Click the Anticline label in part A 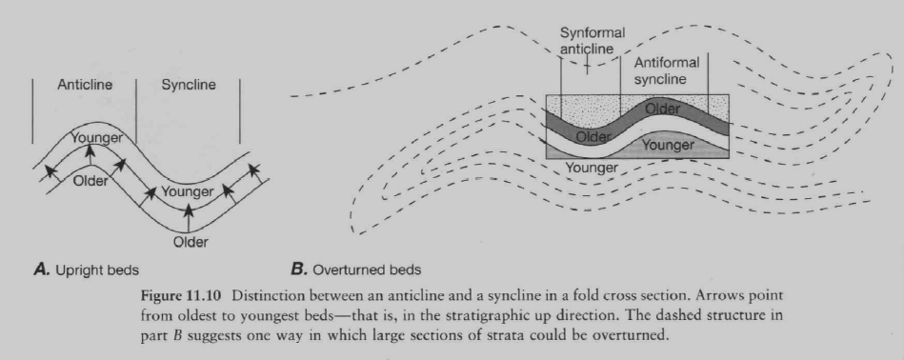85,85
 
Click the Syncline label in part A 189,85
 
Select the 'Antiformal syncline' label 666,70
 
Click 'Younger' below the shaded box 593,168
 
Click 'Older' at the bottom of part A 190,241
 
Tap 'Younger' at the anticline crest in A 96,138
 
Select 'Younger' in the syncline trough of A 187,191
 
